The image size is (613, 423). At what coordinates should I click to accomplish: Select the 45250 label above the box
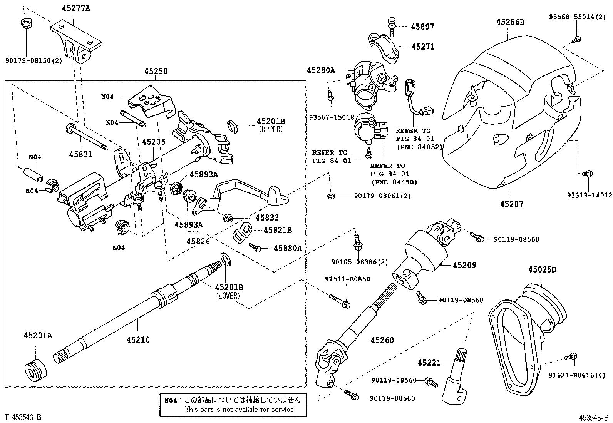(156, 71)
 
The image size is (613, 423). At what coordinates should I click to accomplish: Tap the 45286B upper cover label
(510, 22)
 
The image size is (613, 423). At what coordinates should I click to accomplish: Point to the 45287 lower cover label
(511, 204)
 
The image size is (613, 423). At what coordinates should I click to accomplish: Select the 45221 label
(429, 363)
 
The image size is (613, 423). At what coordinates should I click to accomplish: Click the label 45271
(422, 47)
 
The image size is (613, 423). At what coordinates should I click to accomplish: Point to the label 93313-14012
(589, 195)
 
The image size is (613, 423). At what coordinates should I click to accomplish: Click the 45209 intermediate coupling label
(464, 265)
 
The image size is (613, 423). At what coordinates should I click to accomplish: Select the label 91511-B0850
(347, 279)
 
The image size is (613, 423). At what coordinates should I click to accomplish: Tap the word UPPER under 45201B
(271, 130)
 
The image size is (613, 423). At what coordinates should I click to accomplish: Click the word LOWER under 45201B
(228, 296)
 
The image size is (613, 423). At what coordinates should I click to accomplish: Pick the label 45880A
(287, 248)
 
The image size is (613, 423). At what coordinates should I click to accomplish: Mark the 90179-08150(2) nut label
(33, 60)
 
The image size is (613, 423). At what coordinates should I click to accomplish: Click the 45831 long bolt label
(81, 154)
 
